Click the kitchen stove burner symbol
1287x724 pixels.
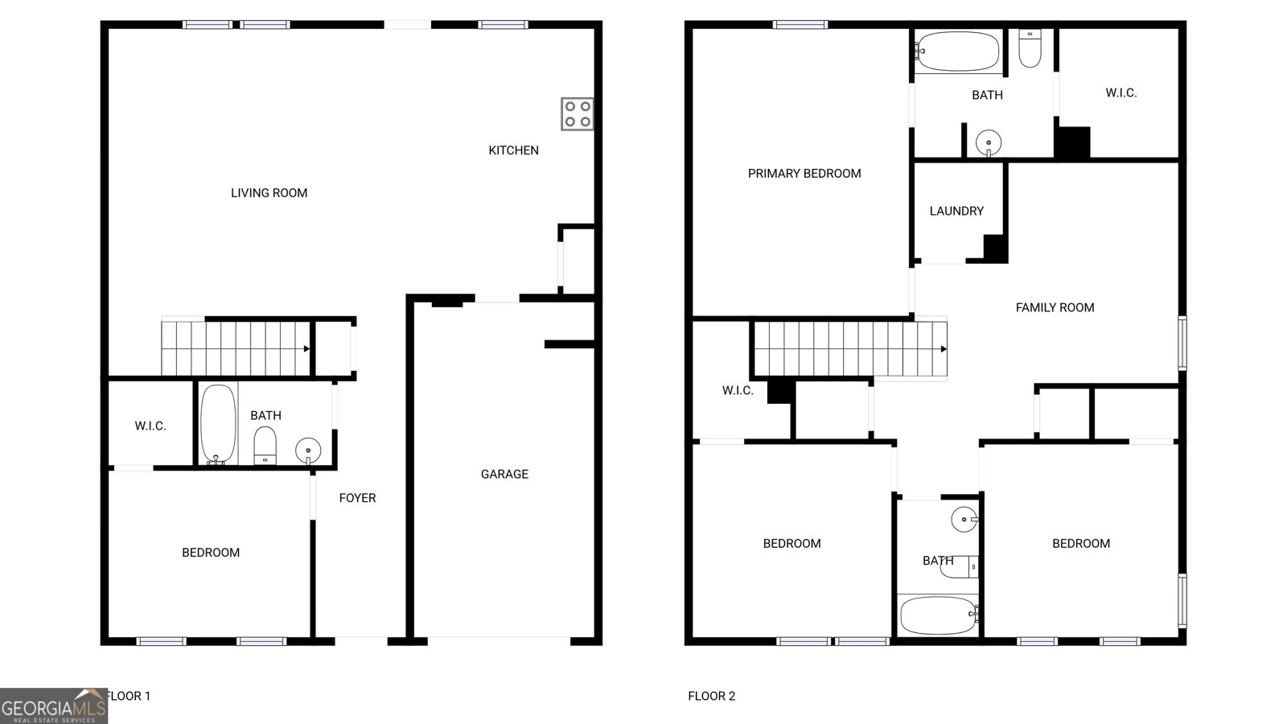(x=577, y=113)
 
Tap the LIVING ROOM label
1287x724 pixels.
(x=269, y=193)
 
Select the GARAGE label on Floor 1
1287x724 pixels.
(x=504, y=475)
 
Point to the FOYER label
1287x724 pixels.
(x=357, y=498)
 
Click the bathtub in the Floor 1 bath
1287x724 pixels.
(x=218, y=423)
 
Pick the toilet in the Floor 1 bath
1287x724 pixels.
(x=265, y=446)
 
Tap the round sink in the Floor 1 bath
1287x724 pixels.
(x=307, y=449)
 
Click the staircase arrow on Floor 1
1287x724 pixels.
(x=306, y=349)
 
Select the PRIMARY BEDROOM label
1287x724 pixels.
(x=804, y=174)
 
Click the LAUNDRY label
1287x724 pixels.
(x=956, y=212)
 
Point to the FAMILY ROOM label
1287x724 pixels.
(x=1055, y=307)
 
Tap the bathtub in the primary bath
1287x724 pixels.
(x=957, y=51)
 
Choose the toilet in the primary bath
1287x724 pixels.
(x=1030, y=47)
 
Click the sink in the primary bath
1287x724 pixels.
(x=988, y=143)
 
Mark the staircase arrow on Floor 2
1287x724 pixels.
(x=944, y=349)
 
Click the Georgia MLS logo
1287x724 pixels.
(x=53, y=706)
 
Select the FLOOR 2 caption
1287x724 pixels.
(x=711, y=697)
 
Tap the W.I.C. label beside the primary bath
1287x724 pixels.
(x=1120, y=93)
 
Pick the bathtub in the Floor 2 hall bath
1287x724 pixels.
(x=938, y=615)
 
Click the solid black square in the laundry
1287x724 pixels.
(x=996, y=249)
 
